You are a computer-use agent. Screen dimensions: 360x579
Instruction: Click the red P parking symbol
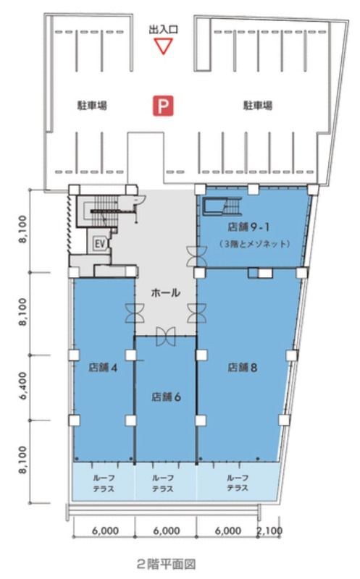click(164, 106)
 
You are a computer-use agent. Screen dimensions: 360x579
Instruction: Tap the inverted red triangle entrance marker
click(164, 47)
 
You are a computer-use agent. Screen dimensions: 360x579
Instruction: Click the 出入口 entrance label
click(164, 30)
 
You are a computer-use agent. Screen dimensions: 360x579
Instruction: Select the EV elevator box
click(99, 243)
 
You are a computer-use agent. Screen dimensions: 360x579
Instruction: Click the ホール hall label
click(166, 293)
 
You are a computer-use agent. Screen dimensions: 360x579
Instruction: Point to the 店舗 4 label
click(103, 368)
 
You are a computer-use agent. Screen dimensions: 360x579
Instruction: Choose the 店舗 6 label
click(166, 397)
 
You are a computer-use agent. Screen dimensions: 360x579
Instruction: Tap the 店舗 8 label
click(242, 368)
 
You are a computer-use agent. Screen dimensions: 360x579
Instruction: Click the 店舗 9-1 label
click(248, 227)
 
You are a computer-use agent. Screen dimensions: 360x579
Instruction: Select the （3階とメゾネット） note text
click(254, 244)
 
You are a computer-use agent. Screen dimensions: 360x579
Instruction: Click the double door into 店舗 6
click(166, 337)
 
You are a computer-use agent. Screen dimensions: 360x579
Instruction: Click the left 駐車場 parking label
click(92, 106)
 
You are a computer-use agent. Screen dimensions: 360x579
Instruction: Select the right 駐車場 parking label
click(258, 106)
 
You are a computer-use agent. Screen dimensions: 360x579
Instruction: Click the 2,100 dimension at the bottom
click(269, 531)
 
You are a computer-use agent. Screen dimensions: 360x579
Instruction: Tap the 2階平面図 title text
click(166, 565)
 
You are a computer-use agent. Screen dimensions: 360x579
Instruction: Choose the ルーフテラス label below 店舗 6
click(163, 483)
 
